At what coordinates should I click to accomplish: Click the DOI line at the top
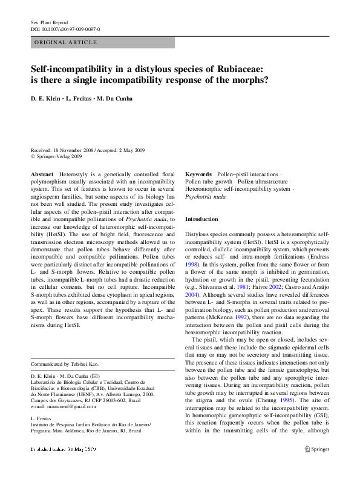point(65,29)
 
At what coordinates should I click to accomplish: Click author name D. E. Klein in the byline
point(46,99)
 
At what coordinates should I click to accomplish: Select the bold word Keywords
point(198,174)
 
